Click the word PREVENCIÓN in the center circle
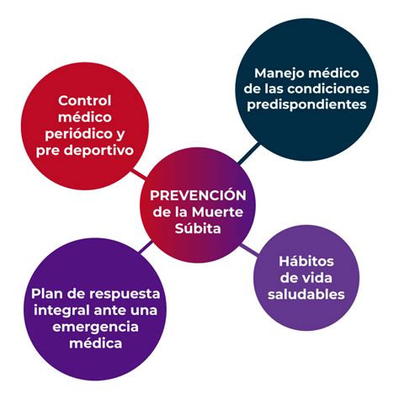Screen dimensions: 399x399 198,194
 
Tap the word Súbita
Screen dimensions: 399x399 198,228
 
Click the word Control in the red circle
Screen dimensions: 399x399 85,101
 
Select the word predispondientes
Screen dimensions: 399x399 306,105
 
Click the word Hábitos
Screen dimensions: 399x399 306,262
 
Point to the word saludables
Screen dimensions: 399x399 306,295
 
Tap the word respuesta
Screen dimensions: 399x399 125,295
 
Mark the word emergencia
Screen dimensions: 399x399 95,327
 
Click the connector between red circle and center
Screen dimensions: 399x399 140,173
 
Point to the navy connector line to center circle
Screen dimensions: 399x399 248,153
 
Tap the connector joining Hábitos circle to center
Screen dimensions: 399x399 249,250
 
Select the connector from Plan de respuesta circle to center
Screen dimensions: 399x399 146,247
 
